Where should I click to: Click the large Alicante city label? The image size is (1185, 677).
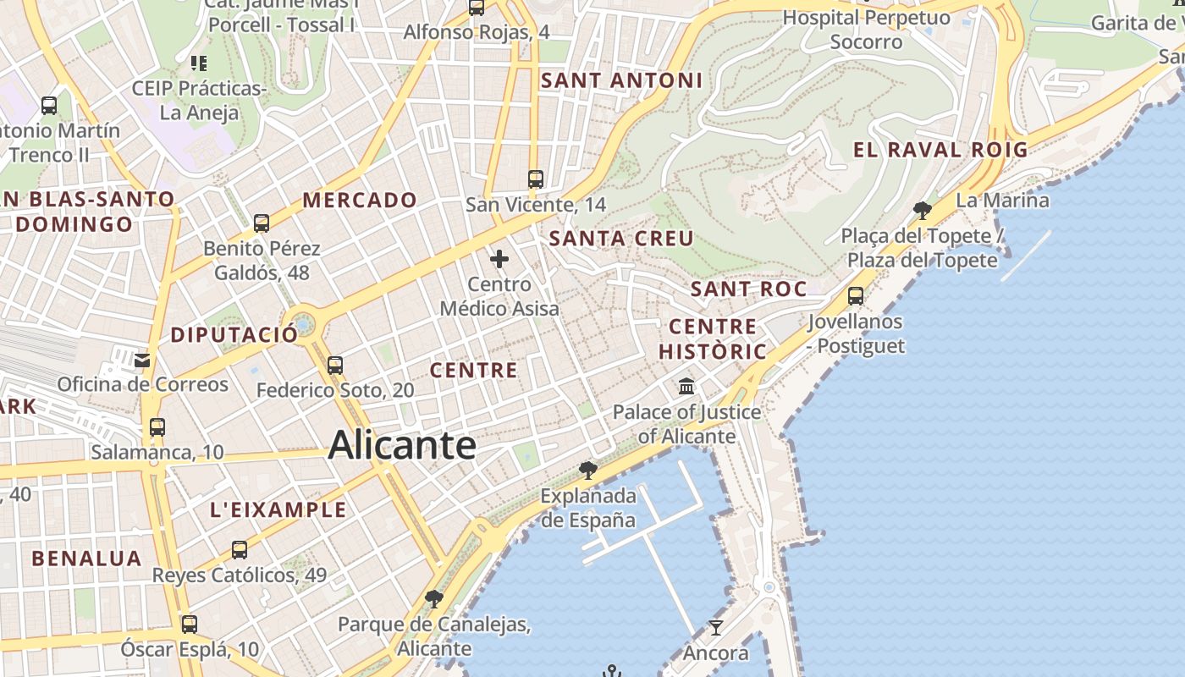pos(402,445)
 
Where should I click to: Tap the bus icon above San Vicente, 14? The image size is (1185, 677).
pos(535,179)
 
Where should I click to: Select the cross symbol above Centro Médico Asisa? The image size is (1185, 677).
pos(499,259)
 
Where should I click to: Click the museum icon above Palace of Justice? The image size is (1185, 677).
pos(686,387)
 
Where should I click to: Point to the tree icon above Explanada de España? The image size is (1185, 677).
pos(587,471)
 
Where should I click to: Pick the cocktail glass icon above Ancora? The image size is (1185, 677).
pos(716,628)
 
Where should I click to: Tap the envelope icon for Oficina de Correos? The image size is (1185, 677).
pos(141,361)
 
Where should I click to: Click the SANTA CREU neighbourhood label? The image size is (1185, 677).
pos(621,239)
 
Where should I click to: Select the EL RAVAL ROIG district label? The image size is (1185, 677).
pos(940,151)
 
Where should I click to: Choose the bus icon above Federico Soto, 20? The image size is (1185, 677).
pos(335,366)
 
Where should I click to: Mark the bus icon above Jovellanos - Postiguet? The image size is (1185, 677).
pos(856,296)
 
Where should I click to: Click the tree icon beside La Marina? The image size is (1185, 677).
pos(923,210)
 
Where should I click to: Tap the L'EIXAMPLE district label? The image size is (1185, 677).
pos(278,509)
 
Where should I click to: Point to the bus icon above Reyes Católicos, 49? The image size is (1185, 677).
pos(240,550)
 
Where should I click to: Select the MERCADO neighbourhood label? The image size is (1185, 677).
pos(360,201)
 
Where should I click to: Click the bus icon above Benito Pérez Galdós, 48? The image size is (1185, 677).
pos(262,223)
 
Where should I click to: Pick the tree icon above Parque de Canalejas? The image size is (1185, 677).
pos(433,599)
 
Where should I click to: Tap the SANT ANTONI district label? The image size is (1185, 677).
pos(621,80)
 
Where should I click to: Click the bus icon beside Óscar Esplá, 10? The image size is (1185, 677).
pos(190,625)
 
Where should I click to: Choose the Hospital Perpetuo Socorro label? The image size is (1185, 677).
pos(866,29)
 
